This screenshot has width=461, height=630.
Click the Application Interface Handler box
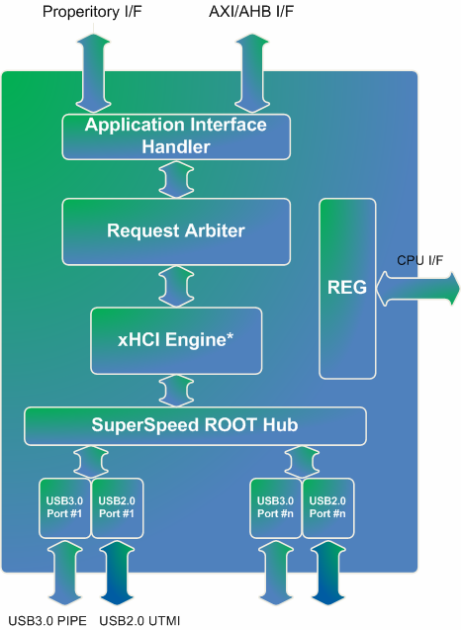coord(176,136)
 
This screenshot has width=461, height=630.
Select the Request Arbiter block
coord(176,231)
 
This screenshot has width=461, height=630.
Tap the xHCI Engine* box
coord(176,340)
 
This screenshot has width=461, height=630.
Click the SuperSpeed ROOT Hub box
coord(195,426)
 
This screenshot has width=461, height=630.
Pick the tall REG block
coord(347,288)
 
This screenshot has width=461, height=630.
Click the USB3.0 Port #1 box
coord(64,508)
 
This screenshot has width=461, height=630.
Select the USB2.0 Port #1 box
coord(117,508)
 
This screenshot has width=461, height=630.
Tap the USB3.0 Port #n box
coord(275,508)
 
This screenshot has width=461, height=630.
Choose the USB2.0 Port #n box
coord(328,508)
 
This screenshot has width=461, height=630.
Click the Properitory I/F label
coord(92,12)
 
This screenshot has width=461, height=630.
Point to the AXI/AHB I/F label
coord(251,12)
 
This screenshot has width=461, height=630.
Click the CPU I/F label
coord(420,260)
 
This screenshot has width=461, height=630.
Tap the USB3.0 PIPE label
coord(47,621)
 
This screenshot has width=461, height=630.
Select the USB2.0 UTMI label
coord(139,621)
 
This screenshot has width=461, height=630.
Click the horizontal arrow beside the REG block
coord(417,289)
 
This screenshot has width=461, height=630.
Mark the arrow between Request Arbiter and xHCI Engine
coord(176,286)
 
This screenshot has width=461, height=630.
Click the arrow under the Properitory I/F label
coord(93,73)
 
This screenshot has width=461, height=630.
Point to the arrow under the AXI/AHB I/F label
coord(252,73)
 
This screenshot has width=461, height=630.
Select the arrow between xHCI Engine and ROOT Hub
coord(176,391)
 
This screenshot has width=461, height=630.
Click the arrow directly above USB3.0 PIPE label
coord(64,573)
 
